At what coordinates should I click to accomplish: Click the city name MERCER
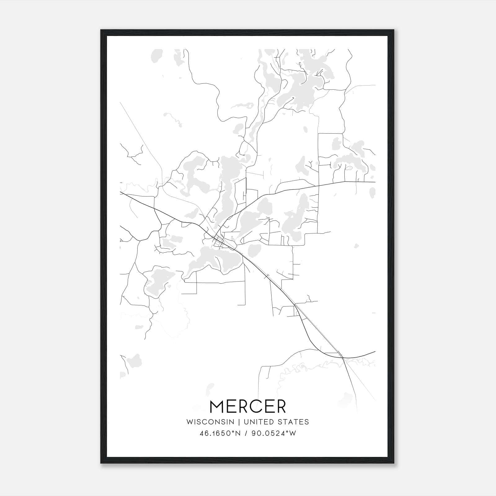(248, 406)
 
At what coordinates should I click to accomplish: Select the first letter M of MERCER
(217, 406)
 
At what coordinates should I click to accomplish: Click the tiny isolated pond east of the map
(356, 246)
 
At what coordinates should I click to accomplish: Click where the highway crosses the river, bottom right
(343, 357)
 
